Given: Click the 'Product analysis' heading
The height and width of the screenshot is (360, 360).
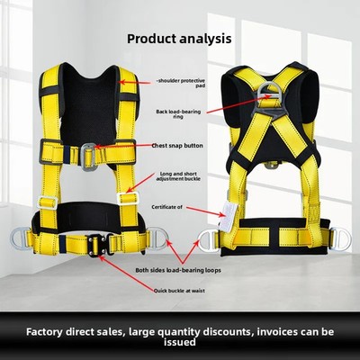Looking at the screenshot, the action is click(x=179, y=39).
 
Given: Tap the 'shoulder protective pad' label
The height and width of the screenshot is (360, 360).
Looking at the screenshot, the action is click(x=181, y=83).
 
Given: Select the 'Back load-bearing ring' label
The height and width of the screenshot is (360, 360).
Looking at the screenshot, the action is click(x=178, y=114).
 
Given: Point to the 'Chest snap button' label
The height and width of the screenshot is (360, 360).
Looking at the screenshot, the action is click(x=177, y=146).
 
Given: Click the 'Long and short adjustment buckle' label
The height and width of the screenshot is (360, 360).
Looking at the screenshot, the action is click(x=178, y=176).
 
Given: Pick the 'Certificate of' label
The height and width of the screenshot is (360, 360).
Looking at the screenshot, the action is click(x=166, y=207).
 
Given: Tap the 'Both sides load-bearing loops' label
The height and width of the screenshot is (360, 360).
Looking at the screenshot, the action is click(x=178, y=270).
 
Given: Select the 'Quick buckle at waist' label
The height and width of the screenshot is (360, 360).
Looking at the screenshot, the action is click(x=179, y=291).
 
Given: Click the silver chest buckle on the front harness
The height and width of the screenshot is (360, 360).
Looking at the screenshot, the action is click(x=88, y=157).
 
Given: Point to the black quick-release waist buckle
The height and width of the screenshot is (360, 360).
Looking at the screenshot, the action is click(x=97, y=245).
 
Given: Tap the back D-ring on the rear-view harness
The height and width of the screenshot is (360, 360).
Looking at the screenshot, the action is click(x=267, y=93).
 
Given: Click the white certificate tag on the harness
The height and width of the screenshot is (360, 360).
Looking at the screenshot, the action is click(x=229, y=217).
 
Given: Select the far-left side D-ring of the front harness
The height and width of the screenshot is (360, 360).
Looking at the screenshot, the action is click(x=20, y=238).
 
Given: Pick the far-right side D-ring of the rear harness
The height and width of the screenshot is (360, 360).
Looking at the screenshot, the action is click(x=340, y=239).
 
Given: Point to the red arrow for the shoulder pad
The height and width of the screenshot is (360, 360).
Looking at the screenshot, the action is click(x=134, y=82).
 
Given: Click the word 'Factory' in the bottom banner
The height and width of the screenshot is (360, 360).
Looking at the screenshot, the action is click(x=45, y=332).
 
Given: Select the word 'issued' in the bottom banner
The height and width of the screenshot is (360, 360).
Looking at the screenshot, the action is click(x=180, y=342).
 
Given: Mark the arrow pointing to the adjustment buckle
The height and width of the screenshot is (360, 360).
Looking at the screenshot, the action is click(x=140, y=184).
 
